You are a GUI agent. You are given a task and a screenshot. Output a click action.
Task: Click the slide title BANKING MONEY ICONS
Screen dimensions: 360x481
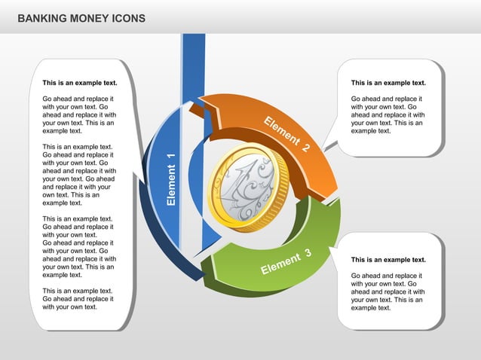point(81,17)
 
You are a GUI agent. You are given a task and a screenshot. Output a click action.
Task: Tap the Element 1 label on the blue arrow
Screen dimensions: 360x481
point(171,179)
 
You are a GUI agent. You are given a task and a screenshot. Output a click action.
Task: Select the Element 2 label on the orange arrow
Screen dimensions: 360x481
point(286,135)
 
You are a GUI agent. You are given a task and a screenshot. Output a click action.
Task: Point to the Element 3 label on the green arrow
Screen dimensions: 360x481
point(286,261)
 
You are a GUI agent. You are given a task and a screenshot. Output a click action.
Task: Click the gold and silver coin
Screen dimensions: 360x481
point(248,188)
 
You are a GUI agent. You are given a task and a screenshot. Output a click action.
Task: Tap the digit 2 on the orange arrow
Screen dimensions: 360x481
point(305,148)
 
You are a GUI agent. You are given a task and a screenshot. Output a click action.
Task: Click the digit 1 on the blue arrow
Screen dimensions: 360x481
point(171,156)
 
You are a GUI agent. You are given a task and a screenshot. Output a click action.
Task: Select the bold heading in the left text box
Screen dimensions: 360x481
point(79,83)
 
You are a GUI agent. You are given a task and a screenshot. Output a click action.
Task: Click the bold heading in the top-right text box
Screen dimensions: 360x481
point(388,83)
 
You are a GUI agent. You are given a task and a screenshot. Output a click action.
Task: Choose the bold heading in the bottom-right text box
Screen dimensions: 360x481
point(388,260)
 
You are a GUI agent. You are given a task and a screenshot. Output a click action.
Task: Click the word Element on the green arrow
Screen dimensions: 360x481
point(280,264)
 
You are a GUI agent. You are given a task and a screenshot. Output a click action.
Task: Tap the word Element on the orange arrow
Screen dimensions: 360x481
point(280,131)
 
